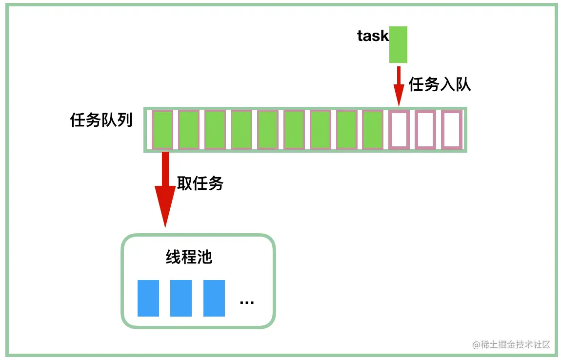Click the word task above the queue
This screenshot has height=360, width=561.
click(373, 36)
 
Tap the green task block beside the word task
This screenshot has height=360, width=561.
click(398, 44)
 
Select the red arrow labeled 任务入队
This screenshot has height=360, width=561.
click(399, 85)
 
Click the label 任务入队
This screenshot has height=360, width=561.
click(440, 84)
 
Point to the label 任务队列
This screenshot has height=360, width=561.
click(101, 120)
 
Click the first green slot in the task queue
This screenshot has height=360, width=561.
click(162, 130)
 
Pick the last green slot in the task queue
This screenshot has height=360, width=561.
click(373, 130)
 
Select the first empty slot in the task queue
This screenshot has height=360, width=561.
click(400, 130)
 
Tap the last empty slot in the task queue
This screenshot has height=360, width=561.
click(452, 130)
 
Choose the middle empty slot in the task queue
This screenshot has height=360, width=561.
click(425, 130)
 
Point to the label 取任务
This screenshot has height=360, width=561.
click(200, 183)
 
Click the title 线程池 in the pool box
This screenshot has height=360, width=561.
click(189, 257)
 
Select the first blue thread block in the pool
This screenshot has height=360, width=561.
click(148, 298)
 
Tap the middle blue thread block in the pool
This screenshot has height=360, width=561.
click(181, 298)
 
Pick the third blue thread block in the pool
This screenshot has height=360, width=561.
click(214, 298)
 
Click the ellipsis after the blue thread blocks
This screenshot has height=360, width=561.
click(247, 302)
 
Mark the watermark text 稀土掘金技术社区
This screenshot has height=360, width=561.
click(511, 344)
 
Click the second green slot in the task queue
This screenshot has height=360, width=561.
click(189, 130)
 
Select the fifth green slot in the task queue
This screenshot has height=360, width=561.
click(268, 130)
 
